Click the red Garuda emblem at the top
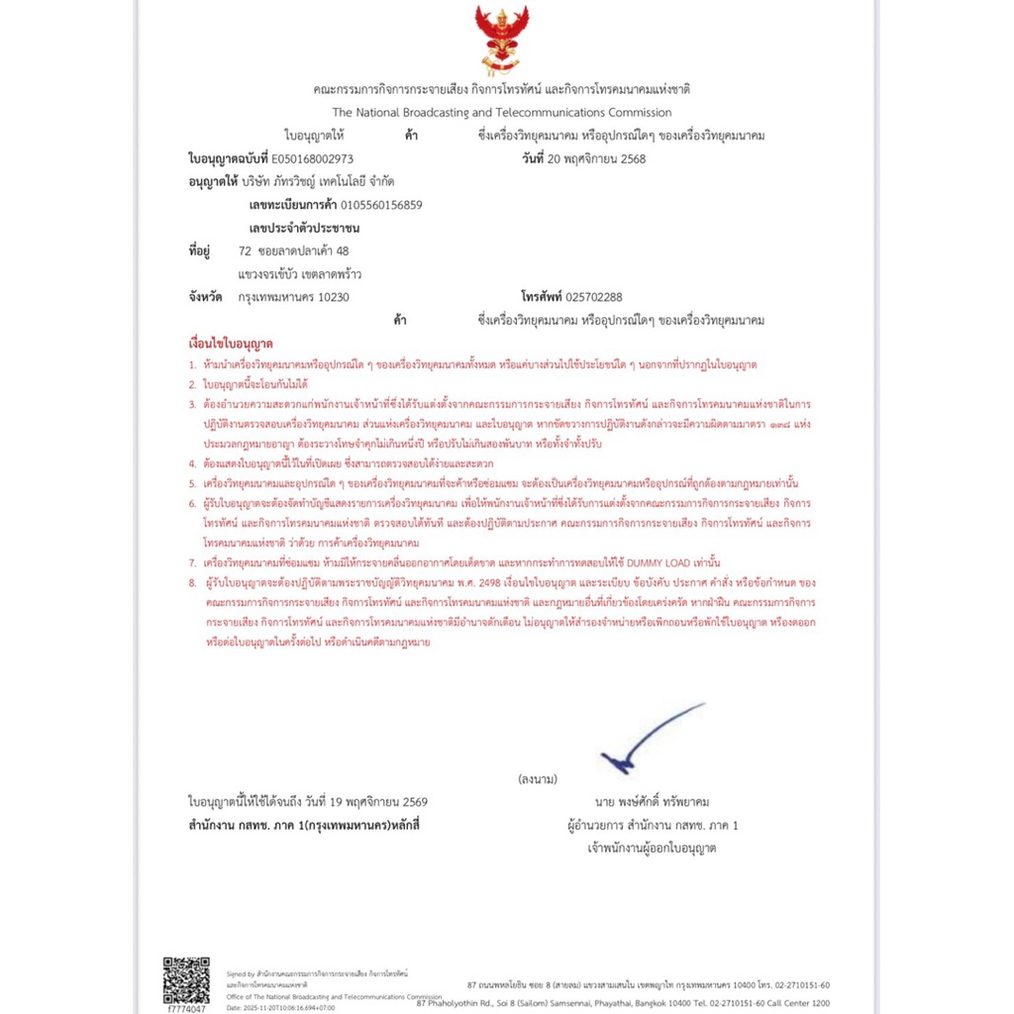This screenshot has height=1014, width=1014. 501,39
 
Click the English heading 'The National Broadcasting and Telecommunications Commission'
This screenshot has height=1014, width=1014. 502,113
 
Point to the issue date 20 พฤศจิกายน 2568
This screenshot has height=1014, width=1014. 596,158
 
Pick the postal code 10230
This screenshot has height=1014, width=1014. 332,297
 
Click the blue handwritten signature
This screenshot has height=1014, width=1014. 645,739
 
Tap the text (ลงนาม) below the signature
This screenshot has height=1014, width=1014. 538,779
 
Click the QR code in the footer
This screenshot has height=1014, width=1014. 186,980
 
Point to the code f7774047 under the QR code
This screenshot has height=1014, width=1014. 186,1009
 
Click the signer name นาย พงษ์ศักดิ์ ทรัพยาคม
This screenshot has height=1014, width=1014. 652,801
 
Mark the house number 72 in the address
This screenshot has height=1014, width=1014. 245,251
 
